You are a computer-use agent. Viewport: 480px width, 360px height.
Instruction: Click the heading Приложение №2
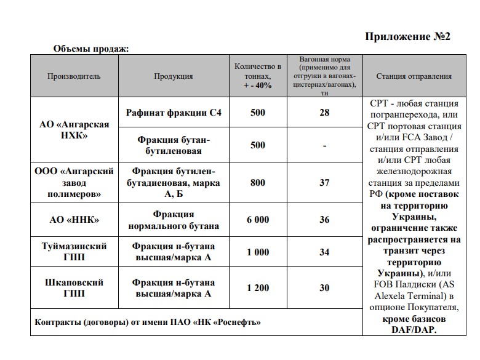(407, 37)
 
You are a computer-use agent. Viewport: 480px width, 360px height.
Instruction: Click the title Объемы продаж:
(90, 49)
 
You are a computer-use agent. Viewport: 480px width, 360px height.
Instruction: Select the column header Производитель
(74, 76)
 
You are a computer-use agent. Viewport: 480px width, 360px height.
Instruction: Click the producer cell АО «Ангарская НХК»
(74, 130)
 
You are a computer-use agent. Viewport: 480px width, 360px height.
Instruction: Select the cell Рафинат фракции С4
(173, 113)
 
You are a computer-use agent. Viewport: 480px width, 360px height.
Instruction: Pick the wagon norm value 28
(324, 113)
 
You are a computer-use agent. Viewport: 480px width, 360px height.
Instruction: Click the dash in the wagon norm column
(324, 146)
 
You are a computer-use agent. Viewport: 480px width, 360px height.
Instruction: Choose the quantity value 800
(258, 183)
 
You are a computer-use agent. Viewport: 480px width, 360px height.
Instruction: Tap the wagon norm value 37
(324, 183)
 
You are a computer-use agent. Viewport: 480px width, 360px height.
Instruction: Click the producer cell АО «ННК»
(74, 220)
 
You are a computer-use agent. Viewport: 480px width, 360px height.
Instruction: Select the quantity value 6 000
(258, 220)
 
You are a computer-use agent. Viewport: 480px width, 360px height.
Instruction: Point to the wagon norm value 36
(324, 220)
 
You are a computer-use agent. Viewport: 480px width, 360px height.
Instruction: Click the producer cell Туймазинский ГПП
(74, 252)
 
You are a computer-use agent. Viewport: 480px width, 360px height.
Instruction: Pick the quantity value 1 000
(258, 252)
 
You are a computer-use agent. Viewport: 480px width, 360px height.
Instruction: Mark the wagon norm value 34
(324, 252)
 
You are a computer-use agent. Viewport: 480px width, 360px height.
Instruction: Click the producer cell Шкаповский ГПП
(74, 288)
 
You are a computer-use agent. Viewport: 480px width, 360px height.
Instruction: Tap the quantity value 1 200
(258, 288)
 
